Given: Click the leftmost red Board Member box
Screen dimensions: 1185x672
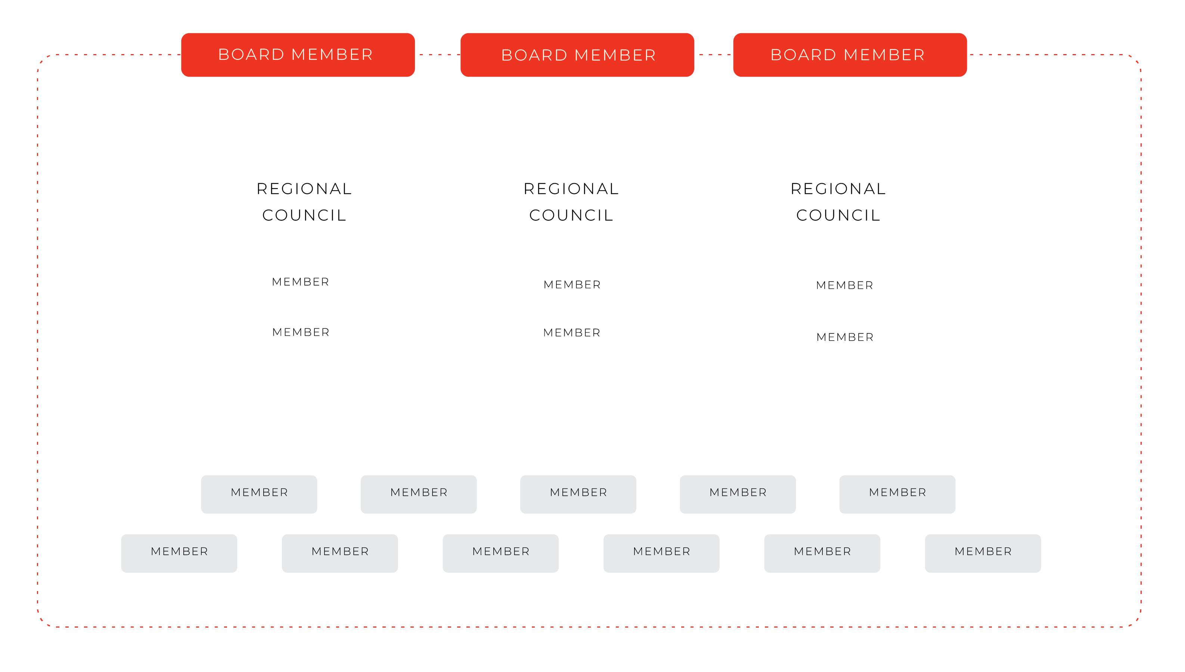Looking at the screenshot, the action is pyautogui.click(x=298, y=55).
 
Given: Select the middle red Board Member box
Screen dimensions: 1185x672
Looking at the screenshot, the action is pyautogui.click(x=577, y=55).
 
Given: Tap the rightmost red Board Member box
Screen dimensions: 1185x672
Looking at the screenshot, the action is pyautogui.click(x=850, y=55).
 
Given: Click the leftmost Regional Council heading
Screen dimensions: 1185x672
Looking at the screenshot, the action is pyautogui.click(x=304, y=202).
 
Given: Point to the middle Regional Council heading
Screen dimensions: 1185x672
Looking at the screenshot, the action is pyautogui.click(x=571, y=202).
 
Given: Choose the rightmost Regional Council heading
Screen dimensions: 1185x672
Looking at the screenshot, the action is pyautogui.click(x=838, y=202).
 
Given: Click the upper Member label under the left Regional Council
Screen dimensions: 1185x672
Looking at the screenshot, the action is pyautogui.click(x=301, y=282).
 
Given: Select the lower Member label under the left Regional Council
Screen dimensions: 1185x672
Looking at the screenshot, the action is pyautogui.click(x=301, y=332).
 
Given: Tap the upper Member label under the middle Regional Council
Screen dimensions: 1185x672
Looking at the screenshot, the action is pyautogui.click(x=572, y=285).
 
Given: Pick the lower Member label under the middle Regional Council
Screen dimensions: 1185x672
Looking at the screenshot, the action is pyautogui.click(x=572, y=333).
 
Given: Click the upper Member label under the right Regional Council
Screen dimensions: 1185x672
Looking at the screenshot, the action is pyautogui.click(x=845, y=285).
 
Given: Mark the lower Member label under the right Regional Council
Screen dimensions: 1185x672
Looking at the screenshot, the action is pyautogui.click(x=845, y=337).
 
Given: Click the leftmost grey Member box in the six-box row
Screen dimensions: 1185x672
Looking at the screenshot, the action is pyautogui.click(x=179, y=553).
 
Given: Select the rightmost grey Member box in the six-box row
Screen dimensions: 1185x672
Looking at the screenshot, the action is pyautogui.click(x=983, y=553).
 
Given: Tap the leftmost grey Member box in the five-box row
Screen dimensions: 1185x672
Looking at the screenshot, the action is pyautogui.click(x=259, y=494).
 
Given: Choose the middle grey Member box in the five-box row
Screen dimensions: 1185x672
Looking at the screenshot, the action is pyautogui.click(x=578, y=494).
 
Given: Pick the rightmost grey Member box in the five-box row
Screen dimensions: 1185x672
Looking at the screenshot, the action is pyautogui.click(x=897, y=494).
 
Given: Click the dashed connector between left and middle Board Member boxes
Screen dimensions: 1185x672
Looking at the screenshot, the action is pyautogui.click(x=438, y=54).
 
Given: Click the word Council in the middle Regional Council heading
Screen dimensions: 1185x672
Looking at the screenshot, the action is pyautogui.click(x=571, y=215).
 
